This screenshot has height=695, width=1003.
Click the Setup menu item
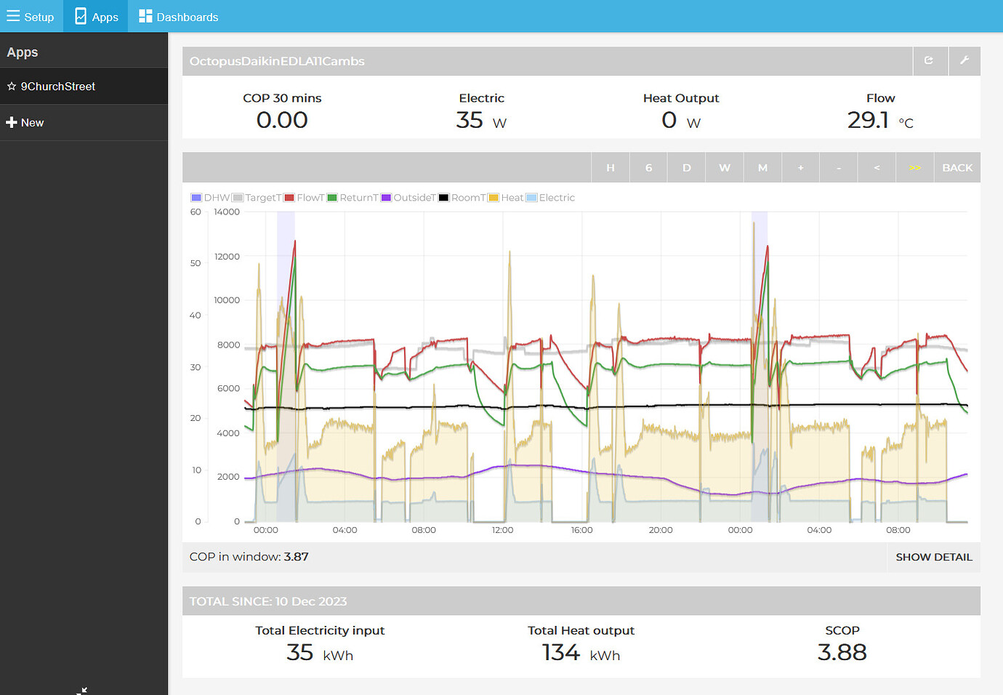31,17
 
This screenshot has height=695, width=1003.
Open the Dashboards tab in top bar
179,17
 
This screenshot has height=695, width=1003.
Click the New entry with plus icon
25,123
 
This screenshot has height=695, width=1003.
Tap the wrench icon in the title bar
964,61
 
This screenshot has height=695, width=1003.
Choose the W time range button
725,168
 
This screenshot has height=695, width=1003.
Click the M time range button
762,168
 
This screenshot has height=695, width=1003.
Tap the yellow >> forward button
914,168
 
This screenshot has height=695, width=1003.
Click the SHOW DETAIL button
933,557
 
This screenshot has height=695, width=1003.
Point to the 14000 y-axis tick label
227,212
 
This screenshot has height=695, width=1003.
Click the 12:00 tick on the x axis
502,530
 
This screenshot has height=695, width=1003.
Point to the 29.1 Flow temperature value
868,120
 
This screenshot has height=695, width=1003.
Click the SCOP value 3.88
842,652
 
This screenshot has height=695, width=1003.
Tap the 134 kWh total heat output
561,652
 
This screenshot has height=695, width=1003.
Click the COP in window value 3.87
296,557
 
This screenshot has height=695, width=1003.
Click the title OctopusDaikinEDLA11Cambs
277,61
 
